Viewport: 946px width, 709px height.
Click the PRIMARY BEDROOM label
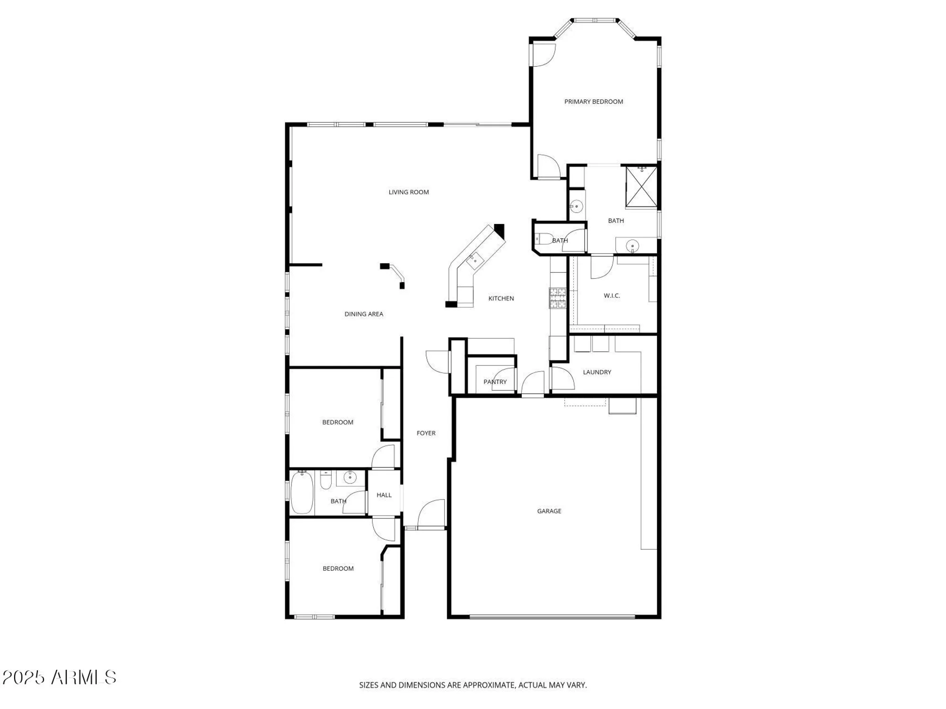(x=593, y=102)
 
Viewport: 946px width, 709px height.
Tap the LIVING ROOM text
(x=409, y=192)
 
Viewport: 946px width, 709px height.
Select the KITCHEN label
(x=501, y=298)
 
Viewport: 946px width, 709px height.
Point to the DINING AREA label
(x=364, y=314)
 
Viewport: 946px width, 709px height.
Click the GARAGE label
(x=549, y=511)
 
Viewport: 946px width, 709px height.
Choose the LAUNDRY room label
(x=597, y=372)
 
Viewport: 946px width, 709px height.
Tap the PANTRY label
(x=495, y=382)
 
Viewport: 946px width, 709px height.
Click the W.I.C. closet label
(x=612, y=296)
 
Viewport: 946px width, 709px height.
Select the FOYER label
(x=426, y=433)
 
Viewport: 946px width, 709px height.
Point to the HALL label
(x=384, y=495)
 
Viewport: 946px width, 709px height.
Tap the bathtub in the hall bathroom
(x=301, y=493)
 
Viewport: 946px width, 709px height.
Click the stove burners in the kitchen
(x=557, y=298)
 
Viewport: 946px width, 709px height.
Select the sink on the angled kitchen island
(x=474, y=260)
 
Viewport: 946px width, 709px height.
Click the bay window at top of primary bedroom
(x=595, y=21)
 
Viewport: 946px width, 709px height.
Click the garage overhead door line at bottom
(x=552, y=617)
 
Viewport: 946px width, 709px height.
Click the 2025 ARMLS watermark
(x=59, y=677)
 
